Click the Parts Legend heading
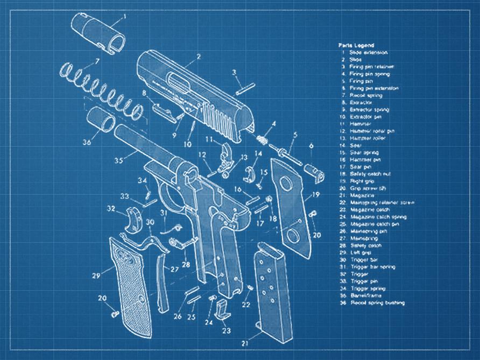tap(356, 45)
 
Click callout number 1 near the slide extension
tap(125, 16)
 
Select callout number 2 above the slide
tap(199, 55)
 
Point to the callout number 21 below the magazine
tap(244, 342)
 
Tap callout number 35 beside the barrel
tap(119, 160)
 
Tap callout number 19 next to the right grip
tap(316, 194)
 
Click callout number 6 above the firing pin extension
tap(311, 145)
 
